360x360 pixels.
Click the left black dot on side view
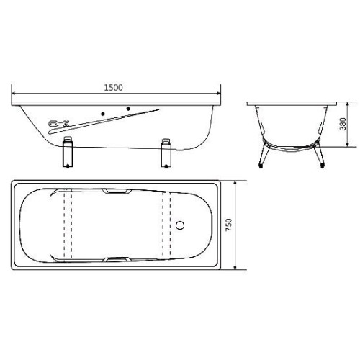[105, 114]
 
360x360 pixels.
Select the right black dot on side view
[130, 109]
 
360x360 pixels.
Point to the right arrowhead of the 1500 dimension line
[220, 93]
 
